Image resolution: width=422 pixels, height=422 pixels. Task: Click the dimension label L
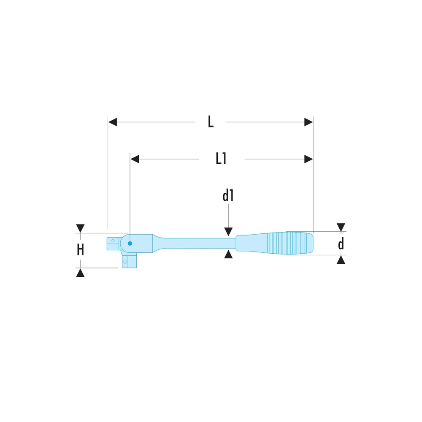pyautogui.click(x=211, y=122)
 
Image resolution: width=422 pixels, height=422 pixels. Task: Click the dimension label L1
pyautogui.click(x=221, y=159)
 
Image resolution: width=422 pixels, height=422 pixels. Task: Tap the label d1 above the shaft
pyautogui.click(x=228, y=195)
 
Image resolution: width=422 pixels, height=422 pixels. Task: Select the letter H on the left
pyautogui.click(x=80, y=250)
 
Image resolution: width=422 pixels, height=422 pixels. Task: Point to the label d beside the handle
pyautogui.click(x=341, y=243)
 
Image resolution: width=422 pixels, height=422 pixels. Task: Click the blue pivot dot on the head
pyautogui.click(x=130, y=243)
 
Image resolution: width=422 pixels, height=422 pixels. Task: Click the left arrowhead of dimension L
pyautogui.click(x=113, y=122)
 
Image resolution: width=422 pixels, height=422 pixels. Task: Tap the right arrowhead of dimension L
pyautogui.click(x=308, y=122)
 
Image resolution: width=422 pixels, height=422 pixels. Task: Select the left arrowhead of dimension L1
pyautogui.click(x=135, y=159)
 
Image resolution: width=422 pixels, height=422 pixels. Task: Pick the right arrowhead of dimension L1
pyautogui.click(x=308, y=159)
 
